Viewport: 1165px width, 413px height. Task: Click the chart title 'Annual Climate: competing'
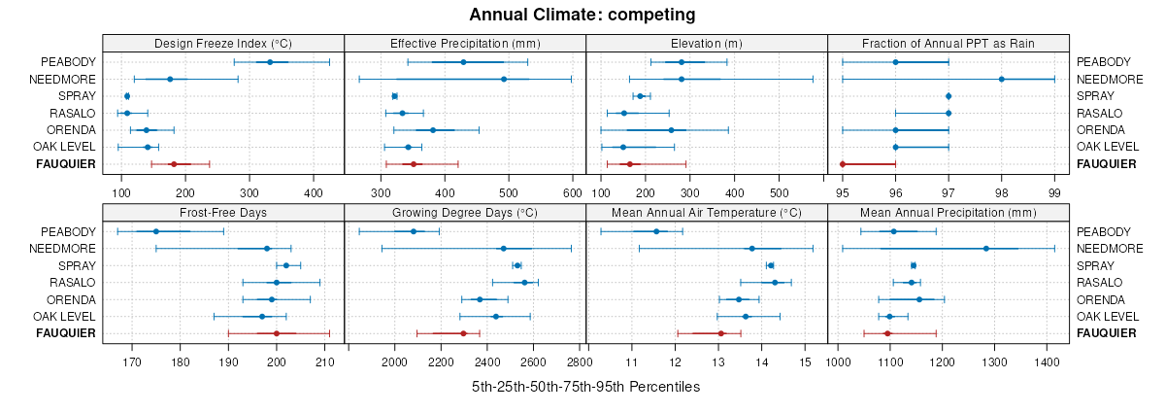582,15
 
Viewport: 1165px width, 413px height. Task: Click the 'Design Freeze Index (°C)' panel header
223,44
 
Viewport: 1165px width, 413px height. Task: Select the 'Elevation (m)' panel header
706,44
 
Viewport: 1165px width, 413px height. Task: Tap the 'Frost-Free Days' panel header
223,213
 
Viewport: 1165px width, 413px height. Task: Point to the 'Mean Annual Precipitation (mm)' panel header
948,213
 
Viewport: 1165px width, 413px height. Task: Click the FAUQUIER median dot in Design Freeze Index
174,164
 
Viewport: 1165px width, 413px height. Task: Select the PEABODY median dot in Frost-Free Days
155,231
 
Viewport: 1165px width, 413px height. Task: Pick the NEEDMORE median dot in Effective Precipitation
477,79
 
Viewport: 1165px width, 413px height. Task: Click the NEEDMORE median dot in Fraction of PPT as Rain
1001,79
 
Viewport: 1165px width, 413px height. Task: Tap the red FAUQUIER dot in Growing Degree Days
463,333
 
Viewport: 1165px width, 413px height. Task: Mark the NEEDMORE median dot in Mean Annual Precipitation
986,249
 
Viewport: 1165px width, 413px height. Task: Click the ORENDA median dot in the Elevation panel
671,130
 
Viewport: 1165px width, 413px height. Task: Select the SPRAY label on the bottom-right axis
1095,265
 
